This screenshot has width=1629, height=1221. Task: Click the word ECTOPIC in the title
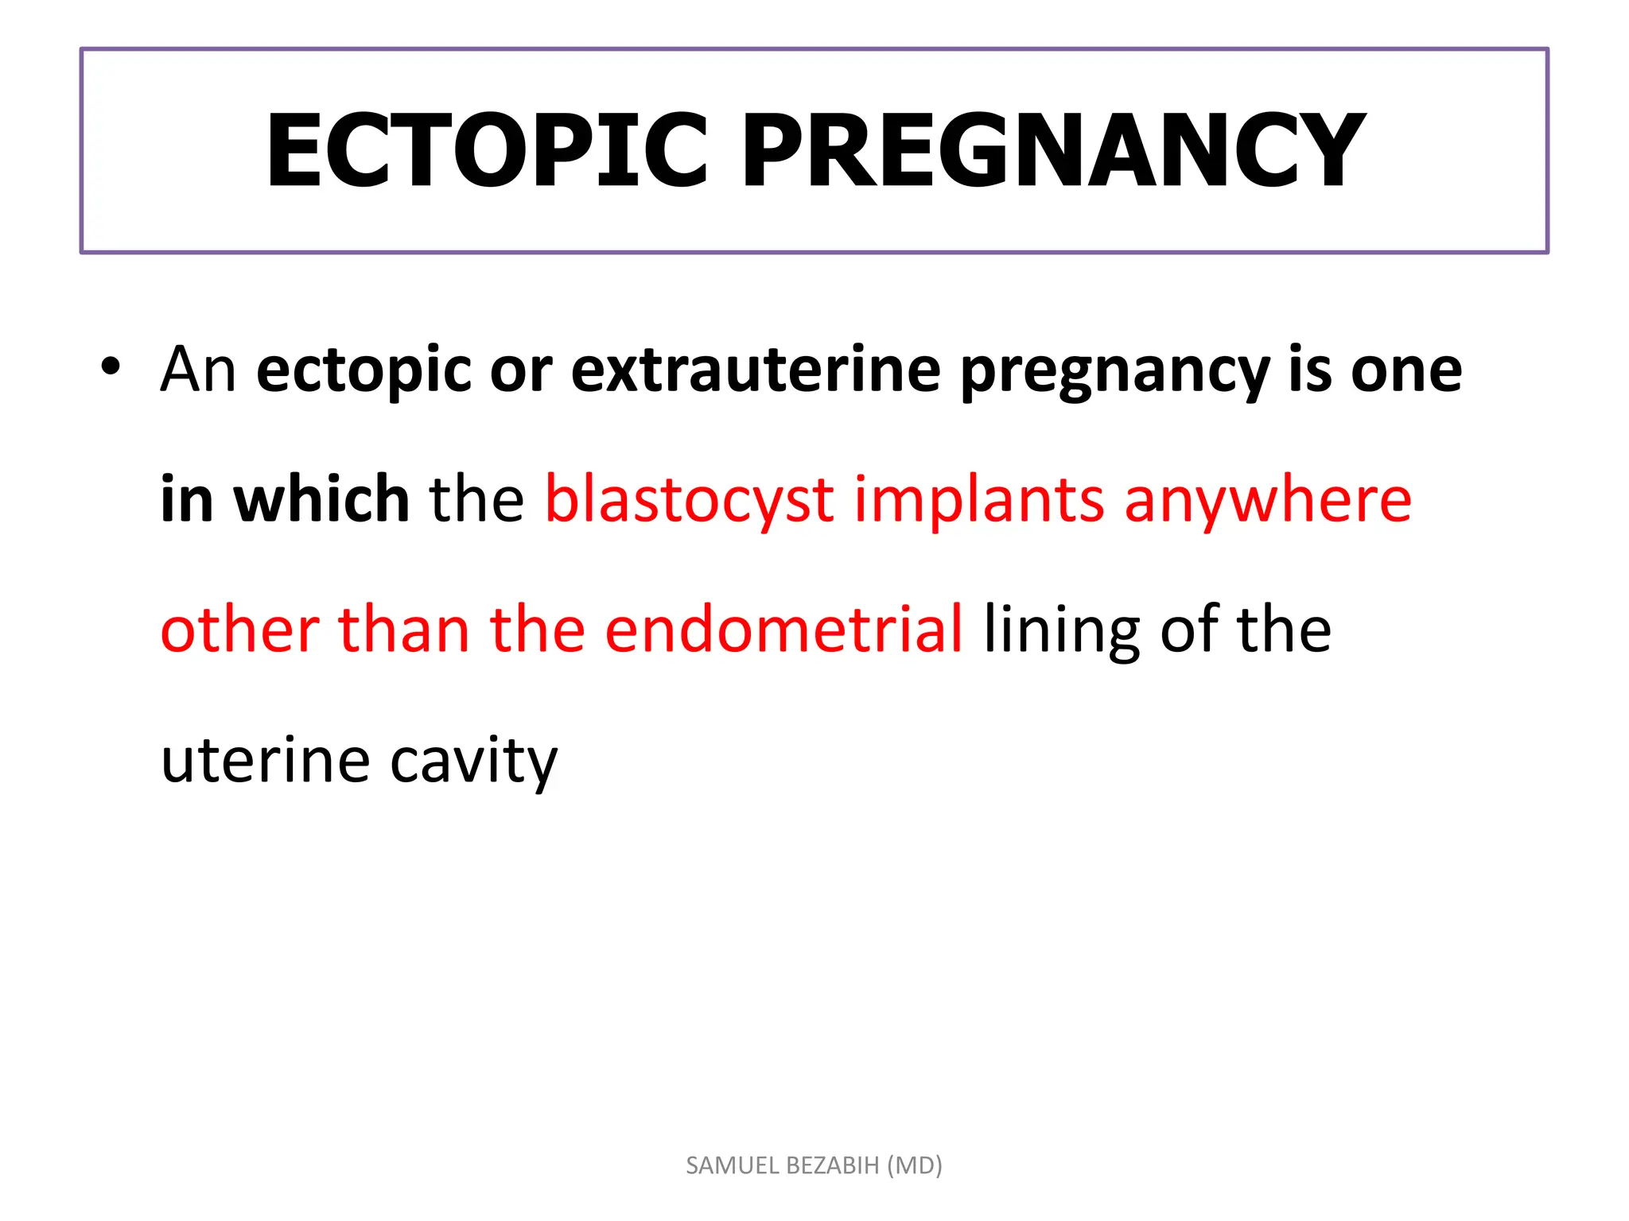click(487, 151)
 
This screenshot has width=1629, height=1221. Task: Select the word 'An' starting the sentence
click(198, 370)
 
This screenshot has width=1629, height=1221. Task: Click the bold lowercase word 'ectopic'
click(364, 371)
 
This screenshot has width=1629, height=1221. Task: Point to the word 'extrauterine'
click(756, 370)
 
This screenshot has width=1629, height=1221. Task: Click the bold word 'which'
click(321, 499)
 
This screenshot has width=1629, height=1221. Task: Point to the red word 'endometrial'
click(783, 630)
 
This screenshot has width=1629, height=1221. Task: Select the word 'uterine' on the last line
click(266, 760)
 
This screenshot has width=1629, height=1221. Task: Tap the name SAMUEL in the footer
click(733, 1165)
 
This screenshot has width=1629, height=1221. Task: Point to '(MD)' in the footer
click(915, 1165)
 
